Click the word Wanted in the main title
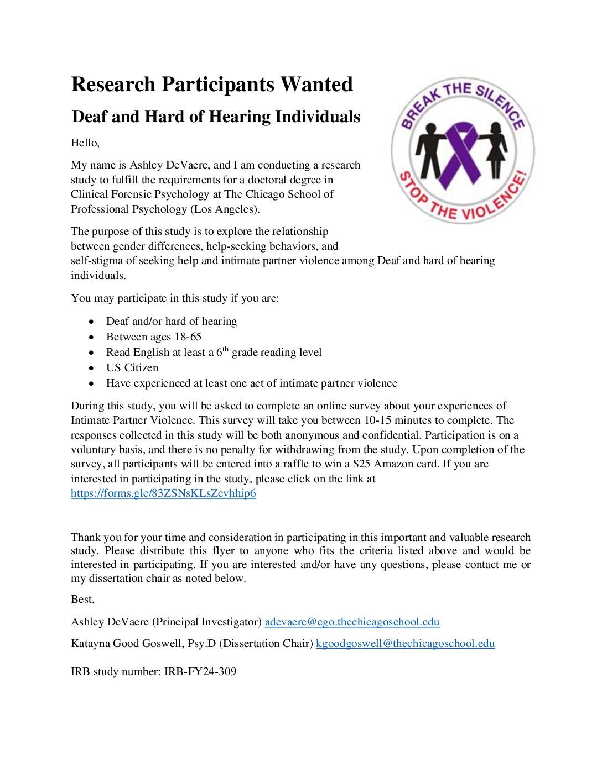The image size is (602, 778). [x=316, y=85]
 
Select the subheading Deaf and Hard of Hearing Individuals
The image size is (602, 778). [x=216, y=117]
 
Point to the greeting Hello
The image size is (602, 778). [x=85, y=143]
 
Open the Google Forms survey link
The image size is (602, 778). [x=163, y=493]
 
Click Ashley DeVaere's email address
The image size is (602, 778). [x=352, y=622]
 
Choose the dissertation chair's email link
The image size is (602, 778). [x=405, y=644]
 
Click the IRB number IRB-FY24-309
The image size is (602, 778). [x=200, y=672]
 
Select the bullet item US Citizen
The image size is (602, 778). [x=132, y=368]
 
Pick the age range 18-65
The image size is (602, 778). [x=188, y=337]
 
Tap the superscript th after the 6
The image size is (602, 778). [x=225, y=349]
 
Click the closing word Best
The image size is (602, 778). [x=82, y=600]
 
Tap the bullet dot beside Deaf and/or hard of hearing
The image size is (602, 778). [x=91, y=322]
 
